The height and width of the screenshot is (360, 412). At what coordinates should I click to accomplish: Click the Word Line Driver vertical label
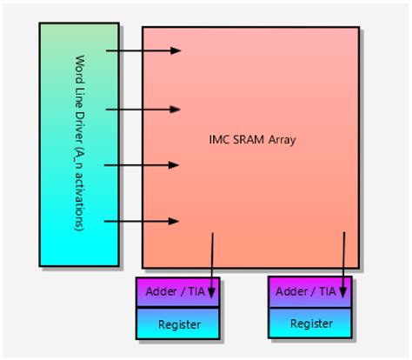click(x=79, y=144)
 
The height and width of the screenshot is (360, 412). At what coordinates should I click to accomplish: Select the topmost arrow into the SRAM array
click(x=143, y=50)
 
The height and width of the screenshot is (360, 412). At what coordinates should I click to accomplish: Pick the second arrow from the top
click(x=143, y=110)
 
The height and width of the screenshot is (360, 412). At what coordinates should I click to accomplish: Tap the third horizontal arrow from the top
click(x=143, y=164)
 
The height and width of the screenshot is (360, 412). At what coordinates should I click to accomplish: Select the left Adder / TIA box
click(x=178, y=292)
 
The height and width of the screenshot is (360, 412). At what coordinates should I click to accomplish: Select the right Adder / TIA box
click(x=311, y=292)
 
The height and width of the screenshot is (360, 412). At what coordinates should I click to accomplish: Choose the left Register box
click(x=178, y=323)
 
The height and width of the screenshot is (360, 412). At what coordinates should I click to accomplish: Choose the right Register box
click(x=311, y=323)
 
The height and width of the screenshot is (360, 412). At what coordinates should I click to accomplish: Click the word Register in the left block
click(x=178, y=324)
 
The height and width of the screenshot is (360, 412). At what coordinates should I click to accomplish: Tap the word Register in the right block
click(x=311, y=324)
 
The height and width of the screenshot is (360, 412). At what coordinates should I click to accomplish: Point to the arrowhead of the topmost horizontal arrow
click(x=176, y=50)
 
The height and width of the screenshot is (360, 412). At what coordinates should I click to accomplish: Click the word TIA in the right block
click(x=327, y=292)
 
